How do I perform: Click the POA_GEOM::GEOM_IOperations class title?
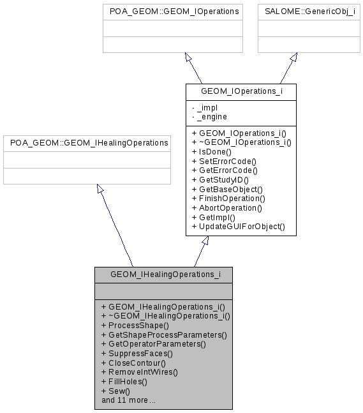173,11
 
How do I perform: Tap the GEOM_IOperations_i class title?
241,91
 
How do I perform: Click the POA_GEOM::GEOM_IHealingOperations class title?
87,143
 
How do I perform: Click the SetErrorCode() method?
228,161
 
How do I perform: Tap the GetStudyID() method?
224,180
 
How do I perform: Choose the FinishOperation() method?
231,199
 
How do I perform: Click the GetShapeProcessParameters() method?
164,334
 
